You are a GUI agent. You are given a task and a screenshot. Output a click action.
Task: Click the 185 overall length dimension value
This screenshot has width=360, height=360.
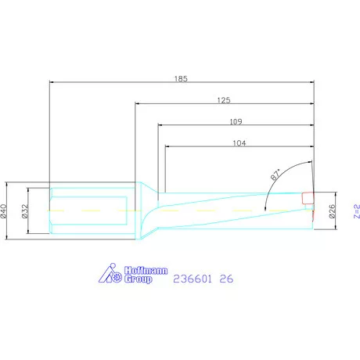(182, 78)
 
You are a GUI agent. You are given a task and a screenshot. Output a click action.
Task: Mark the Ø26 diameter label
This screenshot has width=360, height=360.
(332, 210)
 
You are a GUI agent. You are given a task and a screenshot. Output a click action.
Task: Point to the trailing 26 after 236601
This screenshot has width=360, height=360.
(226, 278)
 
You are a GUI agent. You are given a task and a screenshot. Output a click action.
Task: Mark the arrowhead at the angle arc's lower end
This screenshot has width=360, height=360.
(268, 209)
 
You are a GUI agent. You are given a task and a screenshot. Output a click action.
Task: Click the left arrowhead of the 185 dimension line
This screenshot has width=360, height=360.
(51, 81)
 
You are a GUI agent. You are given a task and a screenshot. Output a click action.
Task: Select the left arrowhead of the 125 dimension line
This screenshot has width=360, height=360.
(136, 103)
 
